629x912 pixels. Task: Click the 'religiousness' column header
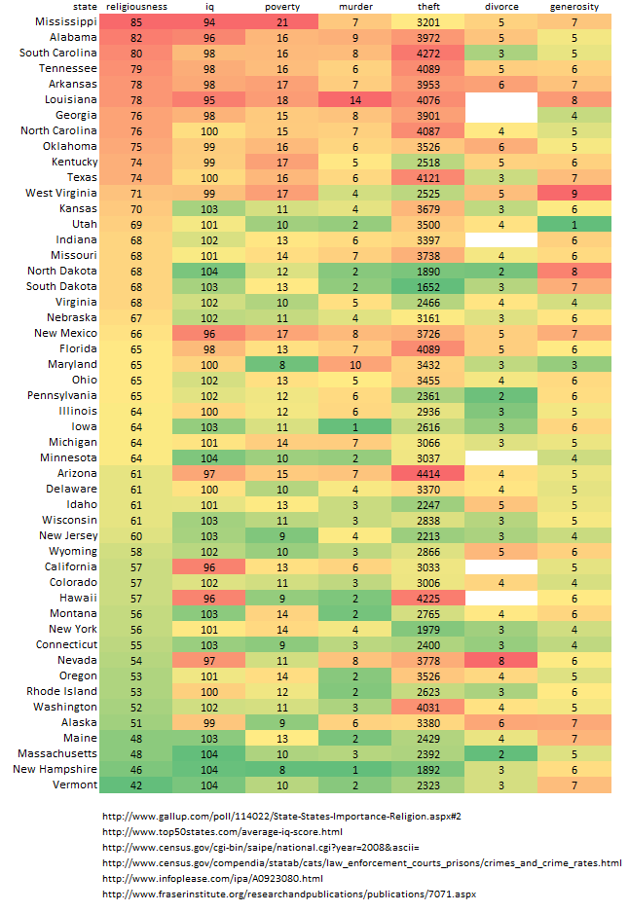pos(136,7)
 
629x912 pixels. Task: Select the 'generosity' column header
pos(574,7)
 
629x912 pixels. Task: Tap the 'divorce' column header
pos(501,7)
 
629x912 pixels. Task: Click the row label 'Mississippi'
pos(65,21)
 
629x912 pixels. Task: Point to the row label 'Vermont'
pos(76,784)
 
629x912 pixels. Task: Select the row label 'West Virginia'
pos(61,193)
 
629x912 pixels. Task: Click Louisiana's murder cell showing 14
pos(355,99)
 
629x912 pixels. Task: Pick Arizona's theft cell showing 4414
pos(428,473)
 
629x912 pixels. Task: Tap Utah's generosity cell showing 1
pos(574,224)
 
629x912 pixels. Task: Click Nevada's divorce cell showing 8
pos(501,660)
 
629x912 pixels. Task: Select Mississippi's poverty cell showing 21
pos(282,21)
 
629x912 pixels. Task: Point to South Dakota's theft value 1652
pos(428,286)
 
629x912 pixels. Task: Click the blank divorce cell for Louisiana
pos(501,99)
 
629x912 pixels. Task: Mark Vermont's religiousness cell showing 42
pos(136,784)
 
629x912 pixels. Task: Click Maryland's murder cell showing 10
pos(355,364)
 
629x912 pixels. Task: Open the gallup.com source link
pos(280,815)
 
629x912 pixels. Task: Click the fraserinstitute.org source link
pos(289,894)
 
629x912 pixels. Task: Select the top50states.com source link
pos(224,830)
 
